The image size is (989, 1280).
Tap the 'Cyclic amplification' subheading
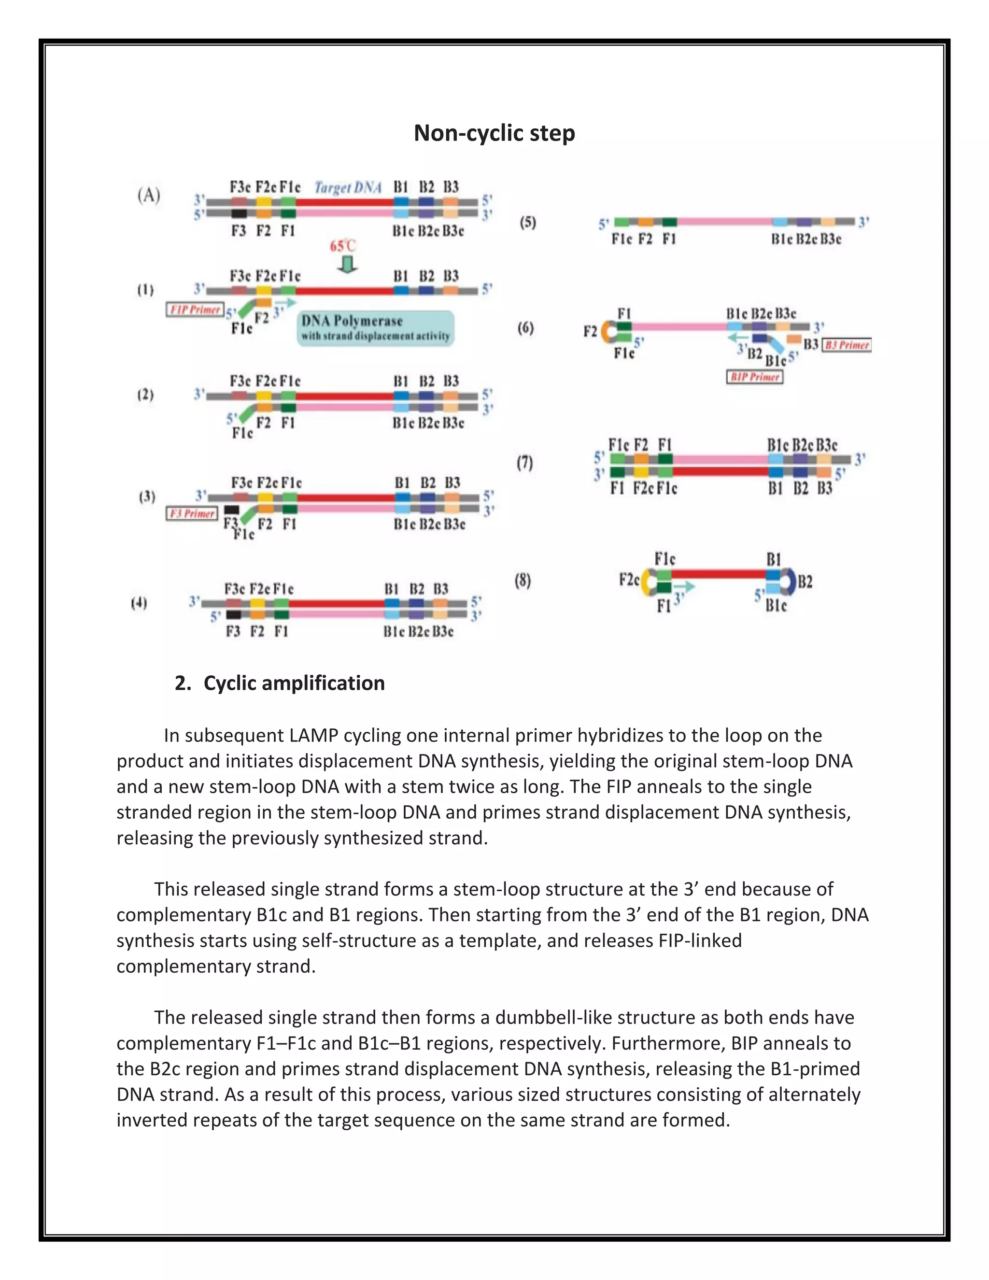[x=294, y=683]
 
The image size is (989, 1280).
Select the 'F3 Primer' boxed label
[x=192, y=513]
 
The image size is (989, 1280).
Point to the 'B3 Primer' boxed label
[x=847, y=345]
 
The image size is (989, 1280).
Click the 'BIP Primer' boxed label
[x=755, y=377]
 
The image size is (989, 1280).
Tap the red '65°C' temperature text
[x=343, y=245]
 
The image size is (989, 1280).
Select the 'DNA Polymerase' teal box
[x=376, y=327]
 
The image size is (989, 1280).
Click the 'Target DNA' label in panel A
[x=348, y=187]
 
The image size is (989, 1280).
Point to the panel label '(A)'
[x=149, y=195]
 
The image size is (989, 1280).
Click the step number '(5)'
[x=527, y=222]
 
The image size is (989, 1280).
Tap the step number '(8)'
[x=523, y=581]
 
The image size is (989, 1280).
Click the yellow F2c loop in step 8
[x=646, y=582]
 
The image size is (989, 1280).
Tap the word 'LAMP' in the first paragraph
[x=316, y=735]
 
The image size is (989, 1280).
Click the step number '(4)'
[x=139, y=603]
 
